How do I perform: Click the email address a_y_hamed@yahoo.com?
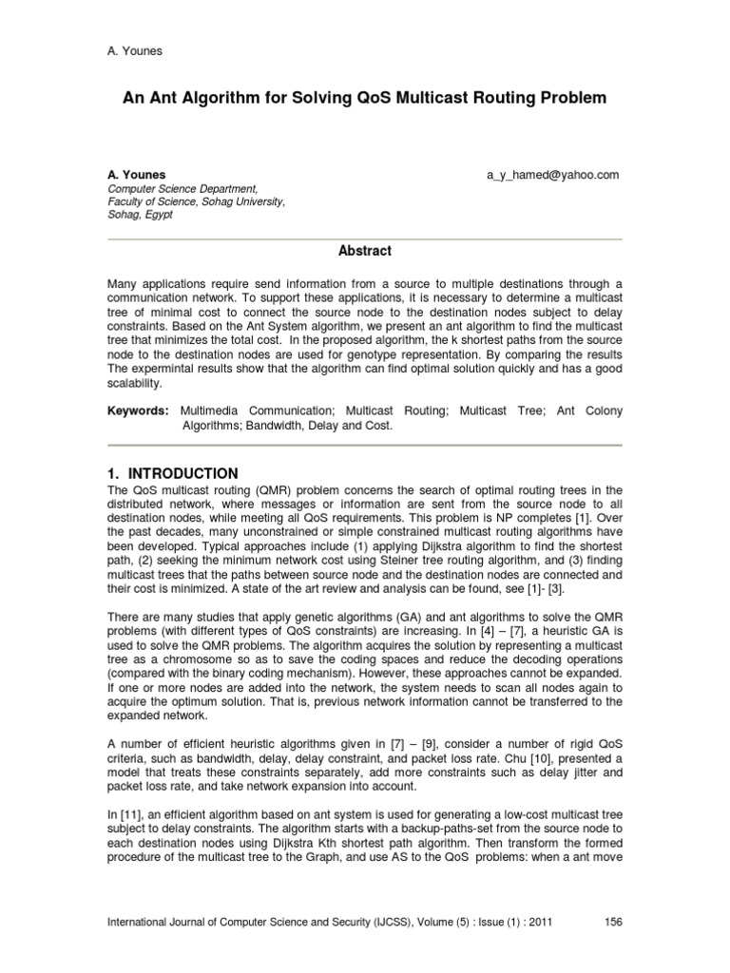click(552, 175)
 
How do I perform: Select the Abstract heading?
click(365, 251)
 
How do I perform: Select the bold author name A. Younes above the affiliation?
click(136, 175)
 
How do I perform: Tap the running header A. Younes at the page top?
click(134, 50)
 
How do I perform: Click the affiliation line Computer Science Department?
click(181, 189)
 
